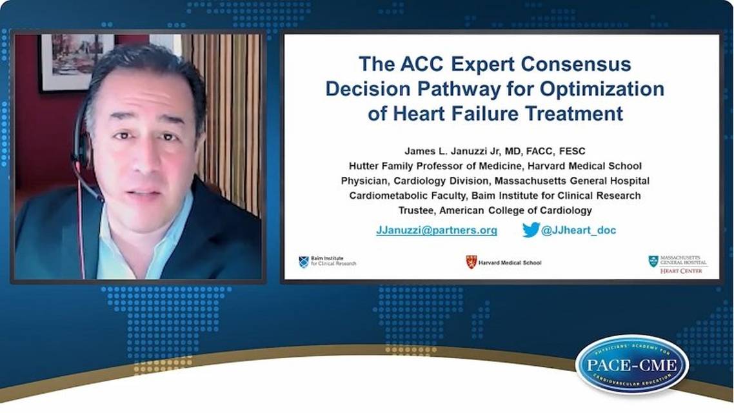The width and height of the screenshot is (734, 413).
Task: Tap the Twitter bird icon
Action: [x=531, y=230]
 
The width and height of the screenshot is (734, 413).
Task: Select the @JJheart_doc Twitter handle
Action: [x=579, y=230]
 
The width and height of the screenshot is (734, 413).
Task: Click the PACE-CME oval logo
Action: [x=631, y=365]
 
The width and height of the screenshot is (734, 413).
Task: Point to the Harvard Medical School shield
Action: [x=471, y=262]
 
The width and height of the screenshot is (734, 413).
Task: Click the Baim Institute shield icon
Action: [x=303, y=262]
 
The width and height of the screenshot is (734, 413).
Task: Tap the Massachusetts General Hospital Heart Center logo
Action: [x=677, y=264]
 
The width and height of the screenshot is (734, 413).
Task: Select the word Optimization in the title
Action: [x=602, y=89]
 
